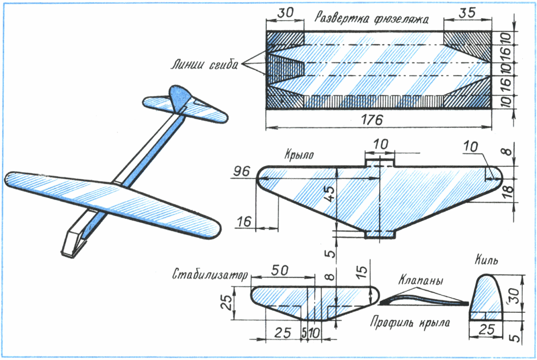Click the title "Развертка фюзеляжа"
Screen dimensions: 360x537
point(372,19)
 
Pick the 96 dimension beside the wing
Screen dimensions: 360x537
point(242,172)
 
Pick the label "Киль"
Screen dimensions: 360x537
point(487,260)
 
